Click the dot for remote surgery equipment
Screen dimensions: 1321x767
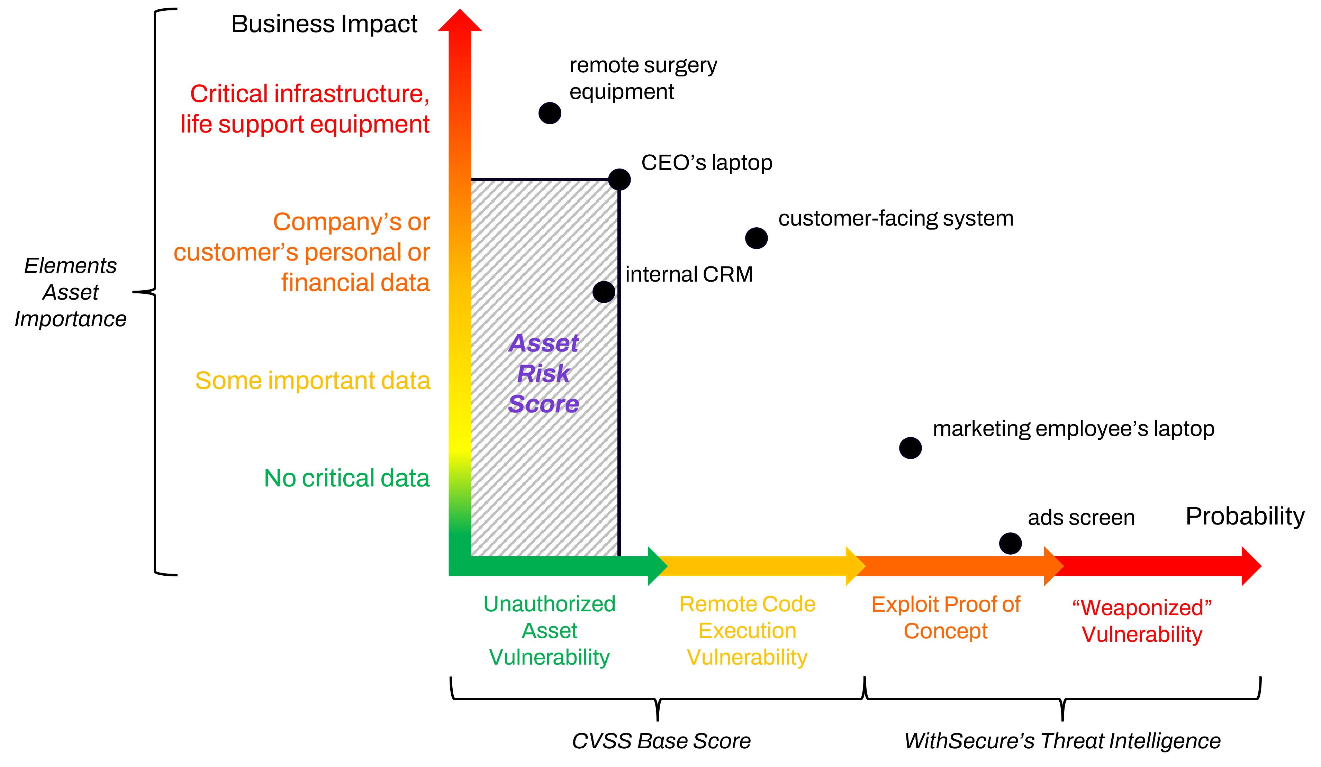click(x=550, y=113)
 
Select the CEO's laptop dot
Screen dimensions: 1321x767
click(x=619, y=180)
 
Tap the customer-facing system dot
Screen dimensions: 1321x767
click(x=757, y=238)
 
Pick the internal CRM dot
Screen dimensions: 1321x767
click(x=604, y=292)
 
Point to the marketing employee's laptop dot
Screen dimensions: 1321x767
click(x=911, y=448)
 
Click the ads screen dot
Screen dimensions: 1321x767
click(x=1011, y=543)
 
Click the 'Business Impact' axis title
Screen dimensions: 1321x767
click(x=325, y=24)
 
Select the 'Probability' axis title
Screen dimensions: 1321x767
click(x=1245, y=517)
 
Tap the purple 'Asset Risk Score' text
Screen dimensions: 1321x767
click(x=544, y=374)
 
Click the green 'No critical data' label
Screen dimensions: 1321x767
click(x=347, y=478)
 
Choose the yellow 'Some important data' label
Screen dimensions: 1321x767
click(x=313, y=381)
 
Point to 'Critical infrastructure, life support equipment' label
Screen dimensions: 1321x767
click(x=305, y=109)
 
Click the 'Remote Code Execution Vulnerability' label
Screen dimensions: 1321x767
click(x=748, y=631)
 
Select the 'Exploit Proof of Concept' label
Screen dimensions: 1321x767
click(x=945, y=618)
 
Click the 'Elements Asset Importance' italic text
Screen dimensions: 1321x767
click(x=71, y=292)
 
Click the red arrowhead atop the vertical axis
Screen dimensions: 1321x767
click(x=460, y=20)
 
